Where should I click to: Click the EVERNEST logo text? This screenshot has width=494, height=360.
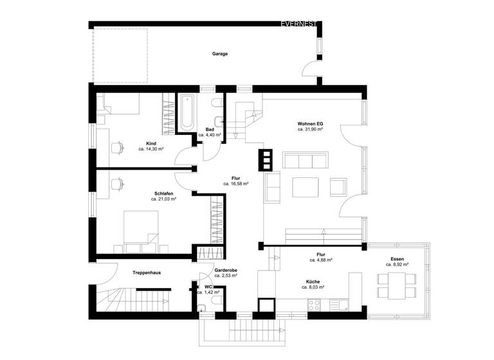(299, 24)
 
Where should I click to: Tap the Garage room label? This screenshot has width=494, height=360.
(220, 54)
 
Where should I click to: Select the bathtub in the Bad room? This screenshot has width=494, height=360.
(187, 112)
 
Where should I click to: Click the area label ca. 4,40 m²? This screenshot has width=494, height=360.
(210, 136)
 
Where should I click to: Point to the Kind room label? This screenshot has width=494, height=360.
(151, 143)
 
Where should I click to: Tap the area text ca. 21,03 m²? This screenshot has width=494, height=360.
(163, 199)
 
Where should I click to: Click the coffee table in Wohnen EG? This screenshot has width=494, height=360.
(306, 187)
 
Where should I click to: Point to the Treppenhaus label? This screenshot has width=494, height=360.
(147, 273)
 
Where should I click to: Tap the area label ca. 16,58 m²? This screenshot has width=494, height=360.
(236, 184)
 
